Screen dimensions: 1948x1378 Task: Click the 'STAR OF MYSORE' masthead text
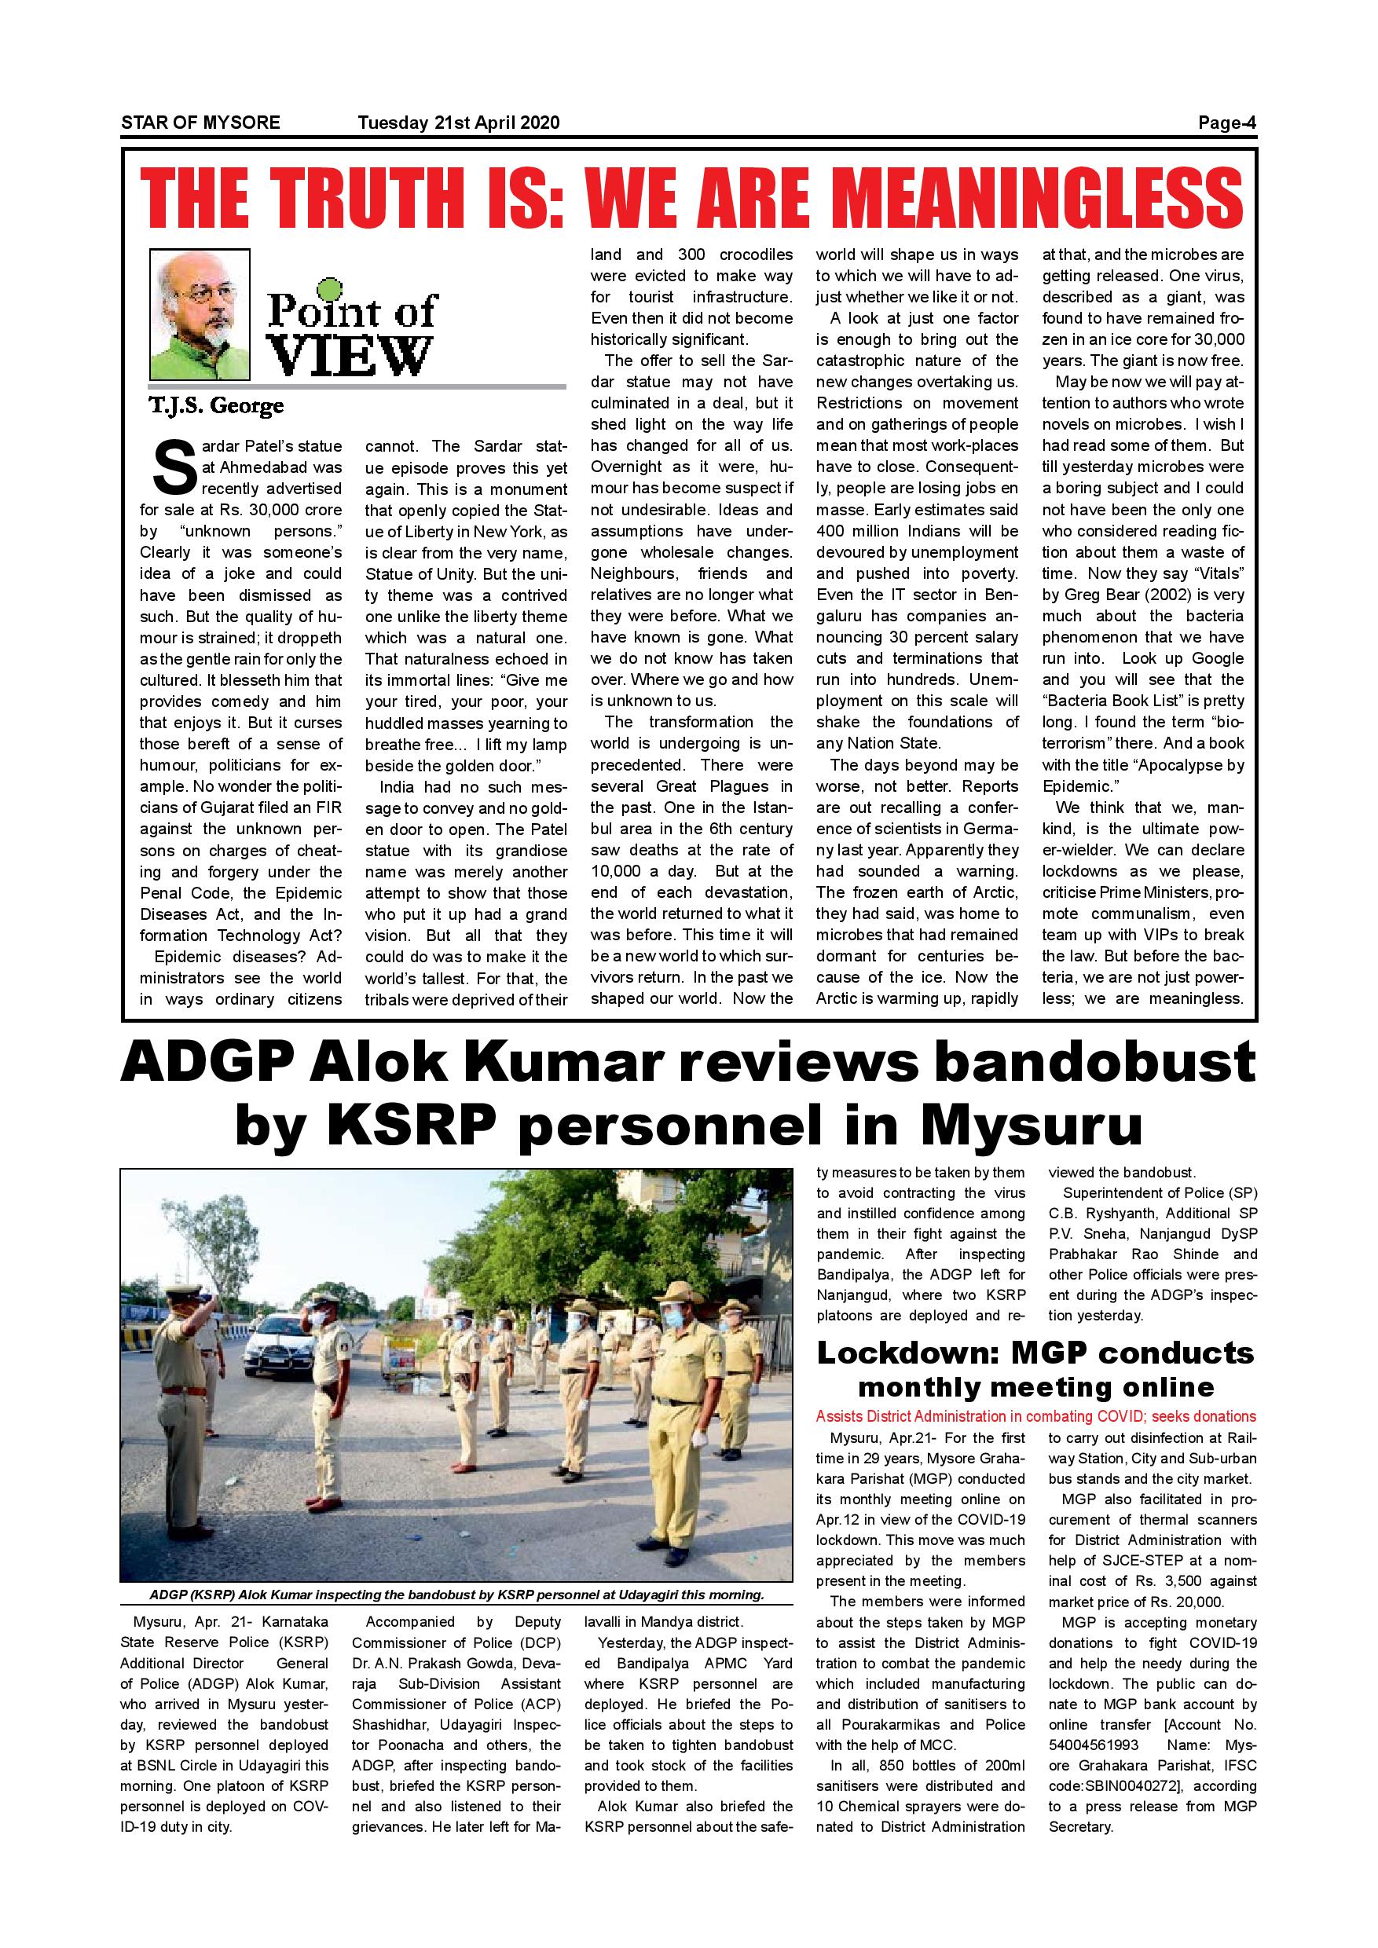tap(200, 123)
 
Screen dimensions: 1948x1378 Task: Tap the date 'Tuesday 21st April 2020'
tap(458, 123)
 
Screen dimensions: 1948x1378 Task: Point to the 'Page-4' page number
tap(1226, 123)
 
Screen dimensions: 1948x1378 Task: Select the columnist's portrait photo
tap(200, 314)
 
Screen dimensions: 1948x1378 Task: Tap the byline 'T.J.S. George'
tap(216, 405)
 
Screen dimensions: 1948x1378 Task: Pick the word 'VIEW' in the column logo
tap(350, 354)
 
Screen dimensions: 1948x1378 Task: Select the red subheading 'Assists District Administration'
tap(1035, 1416)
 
